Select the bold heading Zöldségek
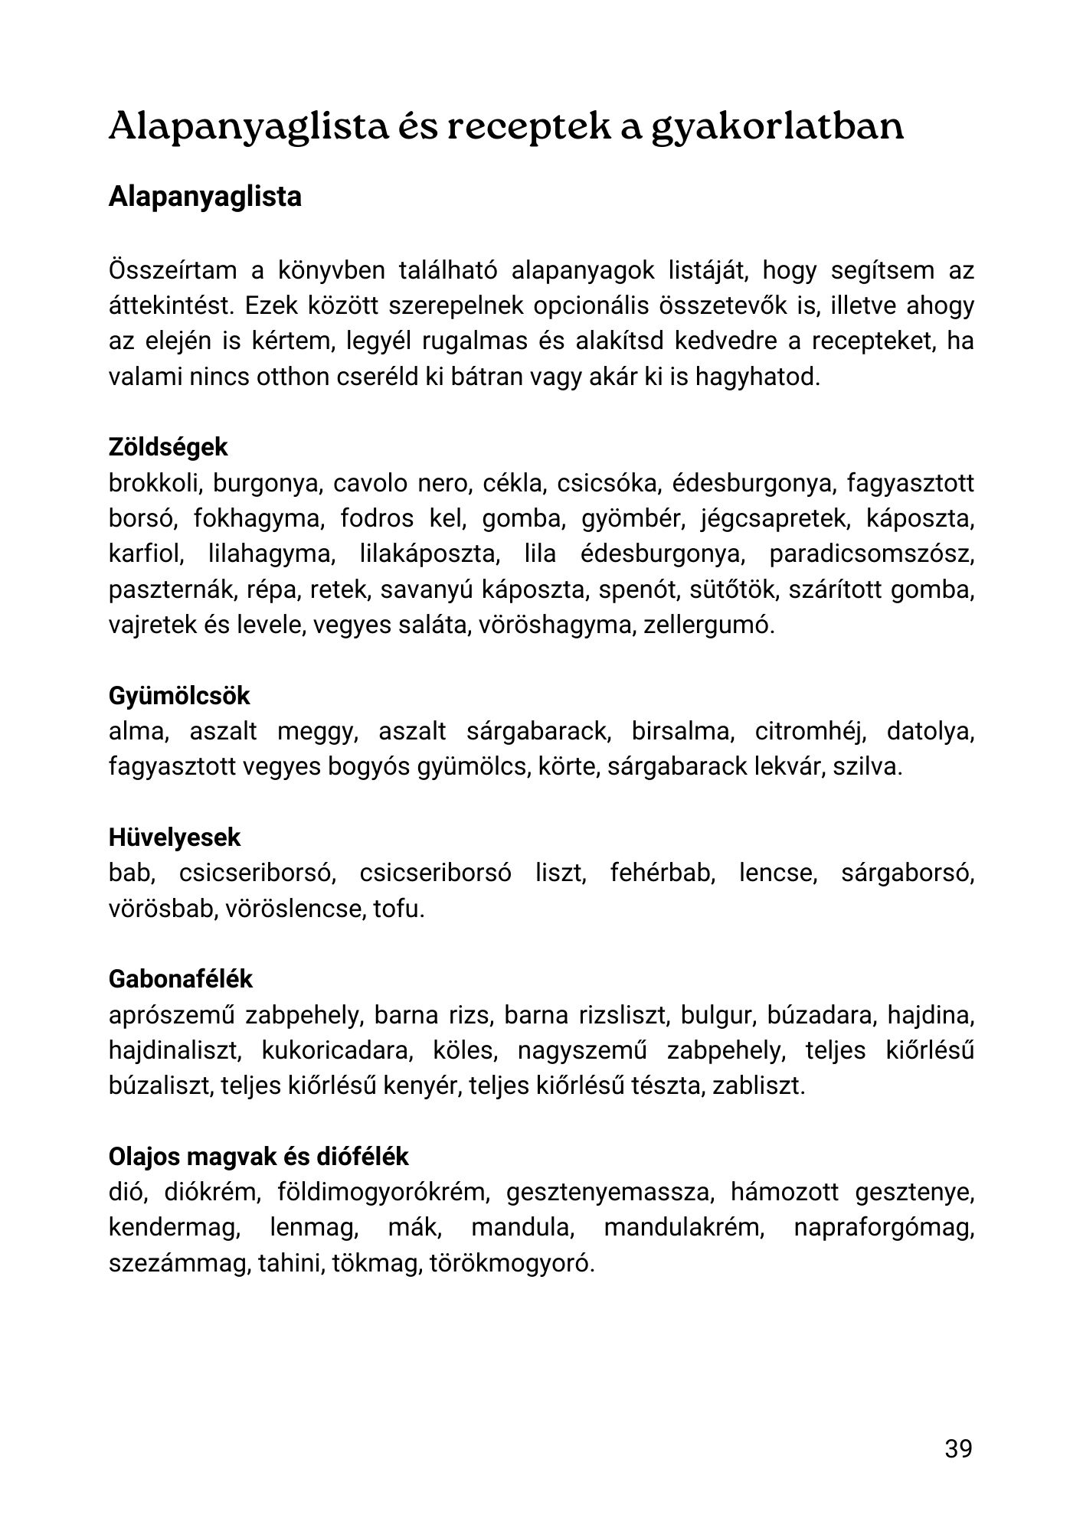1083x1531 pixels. click(x=168, y=447)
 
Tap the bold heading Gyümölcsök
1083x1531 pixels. click(x=179, y=696)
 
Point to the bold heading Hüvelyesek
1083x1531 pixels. click(x=175, y=837)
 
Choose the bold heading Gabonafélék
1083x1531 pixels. click(x=181, y=979)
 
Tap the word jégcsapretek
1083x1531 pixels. click(x=775, y=519)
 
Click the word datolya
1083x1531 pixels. click(x=930, y=732)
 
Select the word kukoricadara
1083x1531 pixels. click(x=336, y=1051)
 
